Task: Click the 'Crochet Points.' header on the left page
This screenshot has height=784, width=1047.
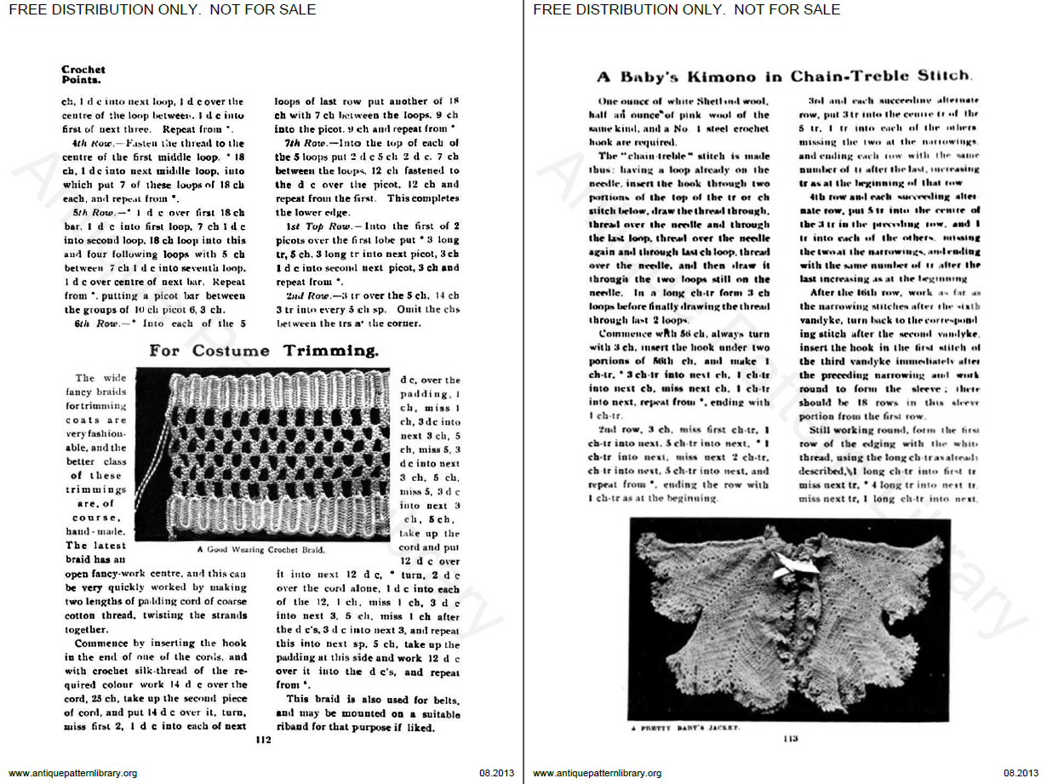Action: [83, 75]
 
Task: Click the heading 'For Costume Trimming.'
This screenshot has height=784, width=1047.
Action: [264, 351]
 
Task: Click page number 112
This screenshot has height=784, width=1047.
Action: [263, 740]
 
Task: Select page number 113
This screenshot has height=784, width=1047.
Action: [790, 738]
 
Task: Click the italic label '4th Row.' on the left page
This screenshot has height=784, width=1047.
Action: [82, 143]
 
